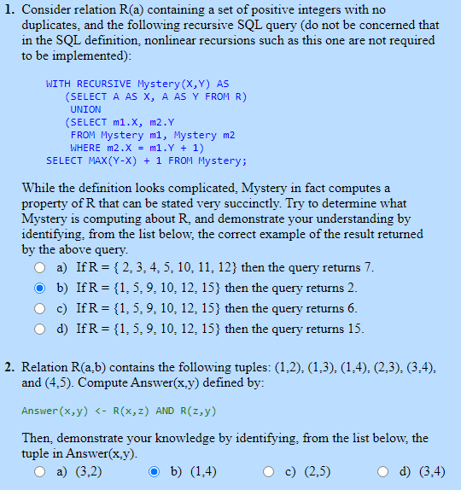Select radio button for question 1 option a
pyautogui.click(x=40, y=268)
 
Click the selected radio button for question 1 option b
pyautogui.click(x=40, y=289)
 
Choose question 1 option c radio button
pyautogui.click(x=40, y=309)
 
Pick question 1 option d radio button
pyautogui.click(x=40, y=330)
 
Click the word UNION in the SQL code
pyautogui.click(x=85, y=109)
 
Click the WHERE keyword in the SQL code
pyautogui.click(x=85, y=148)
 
